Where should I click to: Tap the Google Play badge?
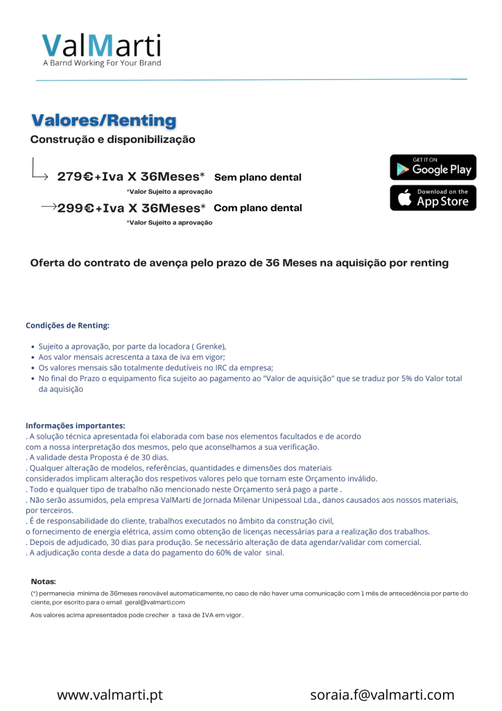433,167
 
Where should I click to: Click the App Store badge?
433,198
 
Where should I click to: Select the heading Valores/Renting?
103,121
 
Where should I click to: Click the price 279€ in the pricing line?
75,177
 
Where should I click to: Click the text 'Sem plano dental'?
258,178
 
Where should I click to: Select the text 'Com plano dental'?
258,208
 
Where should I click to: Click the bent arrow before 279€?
39,171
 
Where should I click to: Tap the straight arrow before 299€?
49,207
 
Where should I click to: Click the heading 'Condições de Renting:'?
67,325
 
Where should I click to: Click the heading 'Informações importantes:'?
76,426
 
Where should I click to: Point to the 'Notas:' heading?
44,580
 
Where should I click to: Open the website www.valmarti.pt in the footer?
110,694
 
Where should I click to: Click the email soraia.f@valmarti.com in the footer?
382,694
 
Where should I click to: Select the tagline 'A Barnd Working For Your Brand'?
102,63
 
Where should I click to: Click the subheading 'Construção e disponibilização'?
113,140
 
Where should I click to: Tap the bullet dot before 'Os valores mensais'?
34,368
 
